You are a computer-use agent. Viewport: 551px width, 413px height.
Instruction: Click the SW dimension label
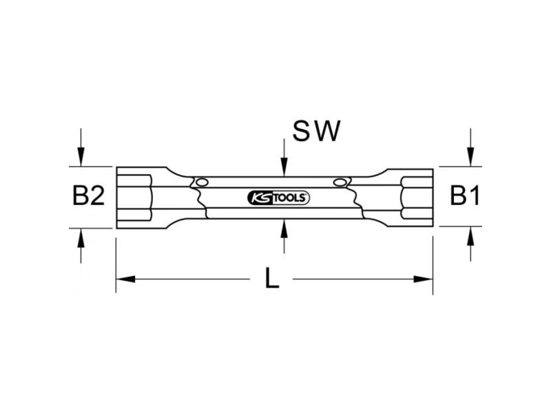pos(317,131)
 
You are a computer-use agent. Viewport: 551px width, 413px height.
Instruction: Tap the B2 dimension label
pos(89,196)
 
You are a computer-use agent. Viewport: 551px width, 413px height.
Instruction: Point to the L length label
pos(272,278)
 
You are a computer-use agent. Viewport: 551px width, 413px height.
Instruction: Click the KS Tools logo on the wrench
pos(278,198)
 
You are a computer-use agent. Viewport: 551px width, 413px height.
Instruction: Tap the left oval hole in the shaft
pos(202,182)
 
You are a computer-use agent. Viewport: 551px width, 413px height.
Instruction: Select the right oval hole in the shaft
pos(340,182)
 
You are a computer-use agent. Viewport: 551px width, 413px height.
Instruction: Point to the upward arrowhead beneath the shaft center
pos(284,229)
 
